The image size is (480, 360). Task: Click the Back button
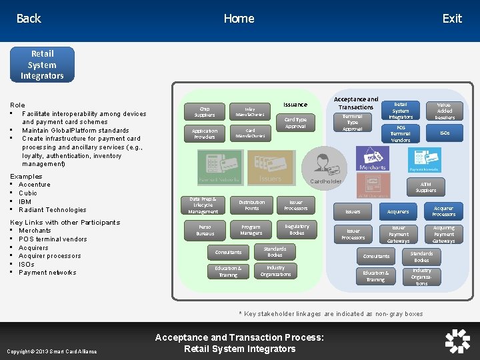(29, 19)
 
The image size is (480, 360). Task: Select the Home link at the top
(239, 19)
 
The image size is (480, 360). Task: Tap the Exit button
(451, 19)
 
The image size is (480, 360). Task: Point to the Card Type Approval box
(295, 123)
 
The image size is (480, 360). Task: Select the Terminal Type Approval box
(353, 123)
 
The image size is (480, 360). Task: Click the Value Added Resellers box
(445, 111)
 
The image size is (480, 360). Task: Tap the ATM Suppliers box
(426, 187)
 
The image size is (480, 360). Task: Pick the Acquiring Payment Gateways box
(444, 234)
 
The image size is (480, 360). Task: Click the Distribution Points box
(251, 205)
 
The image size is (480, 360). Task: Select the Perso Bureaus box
(205, 231)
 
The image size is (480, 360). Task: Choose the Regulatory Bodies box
(297, 230)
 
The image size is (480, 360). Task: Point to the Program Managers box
(251, 230)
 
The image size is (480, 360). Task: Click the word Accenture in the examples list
(34, 185)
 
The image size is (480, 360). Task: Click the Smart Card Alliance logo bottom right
(457, 341)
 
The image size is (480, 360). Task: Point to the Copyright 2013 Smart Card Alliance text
(51, 351)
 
